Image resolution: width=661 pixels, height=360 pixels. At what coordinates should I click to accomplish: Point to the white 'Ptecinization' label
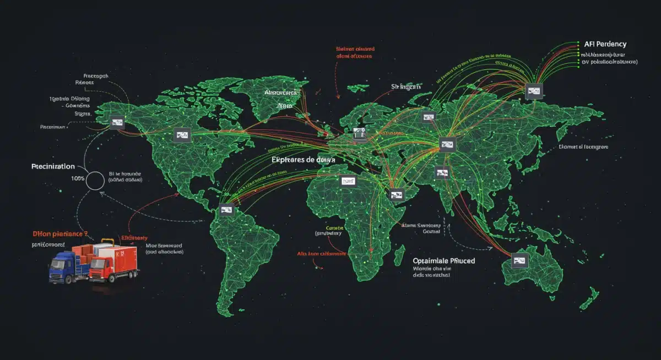point(53,166)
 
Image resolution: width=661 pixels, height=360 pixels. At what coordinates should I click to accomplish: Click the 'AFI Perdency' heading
point(604,43)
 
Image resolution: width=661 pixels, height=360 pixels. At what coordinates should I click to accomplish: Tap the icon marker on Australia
point(519,261)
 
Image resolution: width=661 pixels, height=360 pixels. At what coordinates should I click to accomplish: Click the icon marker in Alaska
point(117,123)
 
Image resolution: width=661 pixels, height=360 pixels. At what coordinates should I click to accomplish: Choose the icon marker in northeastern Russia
point(533,91)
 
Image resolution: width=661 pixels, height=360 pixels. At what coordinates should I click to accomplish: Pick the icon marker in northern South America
point(226,209)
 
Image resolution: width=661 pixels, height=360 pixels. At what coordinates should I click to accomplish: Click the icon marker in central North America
point(182,134)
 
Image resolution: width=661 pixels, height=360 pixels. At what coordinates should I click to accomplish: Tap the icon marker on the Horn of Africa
point(396,194)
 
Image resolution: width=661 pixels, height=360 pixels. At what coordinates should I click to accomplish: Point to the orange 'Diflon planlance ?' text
point(57,234)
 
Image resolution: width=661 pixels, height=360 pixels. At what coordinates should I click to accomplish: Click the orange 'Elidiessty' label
point(134,239)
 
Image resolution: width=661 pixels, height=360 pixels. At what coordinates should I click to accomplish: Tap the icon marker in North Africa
point(348,181)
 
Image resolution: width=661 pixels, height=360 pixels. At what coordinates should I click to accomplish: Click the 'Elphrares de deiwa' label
point(304,159)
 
